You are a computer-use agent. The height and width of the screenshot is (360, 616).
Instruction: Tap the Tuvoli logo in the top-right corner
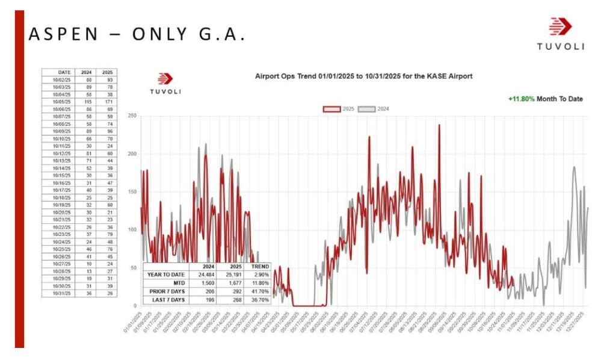pyautogui.click(x=560, y=33)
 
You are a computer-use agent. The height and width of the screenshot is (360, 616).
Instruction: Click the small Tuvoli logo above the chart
pyautogui.click(x=165, y=84)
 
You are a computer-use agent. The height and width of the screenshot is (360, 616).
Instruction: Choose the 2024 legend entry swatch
pyautogui.click(x=366, y=110)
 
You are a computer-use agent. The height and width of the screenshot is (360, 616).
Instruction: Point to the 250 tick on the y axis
pyautogui.click(x=132, y=116)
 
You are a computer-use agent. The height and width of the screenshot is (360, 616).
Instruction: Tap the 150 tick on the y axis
pyautogui.click(x=132, y=192)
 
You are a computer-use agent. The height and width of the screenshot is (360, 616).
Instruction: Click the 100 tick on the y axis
pyautogui.click(x=132, y=230)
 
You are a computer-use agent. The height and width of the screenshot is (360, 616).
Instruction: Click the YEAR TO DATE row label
pyautogui.click(x=165, y=275)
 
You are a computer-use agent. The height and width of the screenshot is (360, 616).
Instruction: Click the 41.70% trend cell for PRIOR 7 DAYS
pyautogui.click(x=258, y=291)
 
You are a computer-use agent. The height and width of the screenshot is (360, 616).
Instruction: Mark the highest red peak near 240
pyautogui.click(x=439, y=125)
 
